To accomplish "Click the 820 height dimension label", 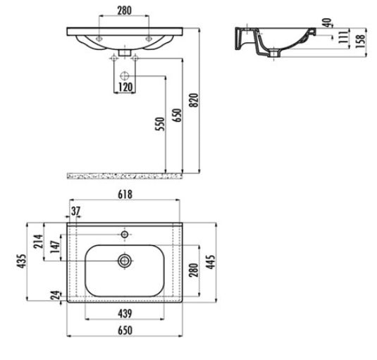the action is point(194,100).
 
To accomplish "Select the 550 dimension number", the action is point(160,124).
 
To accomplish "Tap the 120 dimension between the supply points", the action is point(125,87).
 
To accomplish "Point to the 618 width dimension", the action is point(125,194).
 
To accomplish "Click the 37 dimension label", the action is point(75,211).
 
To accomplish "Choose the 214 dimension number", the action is point(39,241).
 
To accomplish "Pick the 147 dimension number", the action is point(55,247).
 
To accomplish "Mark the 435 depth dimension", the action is point(21,261).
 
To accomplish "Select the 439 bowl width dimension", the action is point(125,314).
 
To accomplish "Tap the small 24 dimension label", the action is point(55,295).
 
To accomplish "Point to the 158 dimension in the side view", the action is point(360,42).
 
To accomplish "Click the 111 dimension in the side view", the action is point(343,37).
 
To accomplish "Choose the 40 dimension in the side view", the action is point(327,23).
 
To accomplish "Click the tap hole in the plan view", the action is point(125,234).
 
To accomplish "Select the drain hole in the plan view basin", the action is point(125,261).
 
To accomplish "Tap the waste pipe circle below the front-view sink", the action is point(125,76).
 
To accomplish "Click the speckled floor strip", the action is point(125,176).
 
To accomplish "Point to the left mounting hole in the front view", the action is point(99,39).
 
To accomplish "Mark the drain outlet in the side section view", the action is point(274,54).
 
